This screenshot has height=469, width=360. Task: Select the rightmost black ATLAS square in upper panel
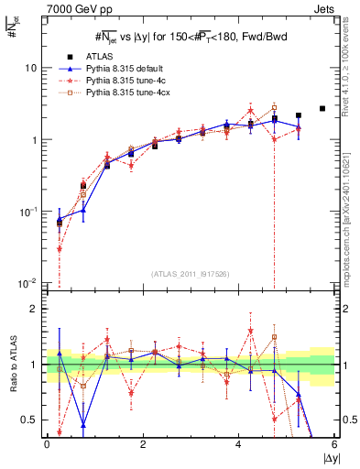[x=322, y=108]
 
